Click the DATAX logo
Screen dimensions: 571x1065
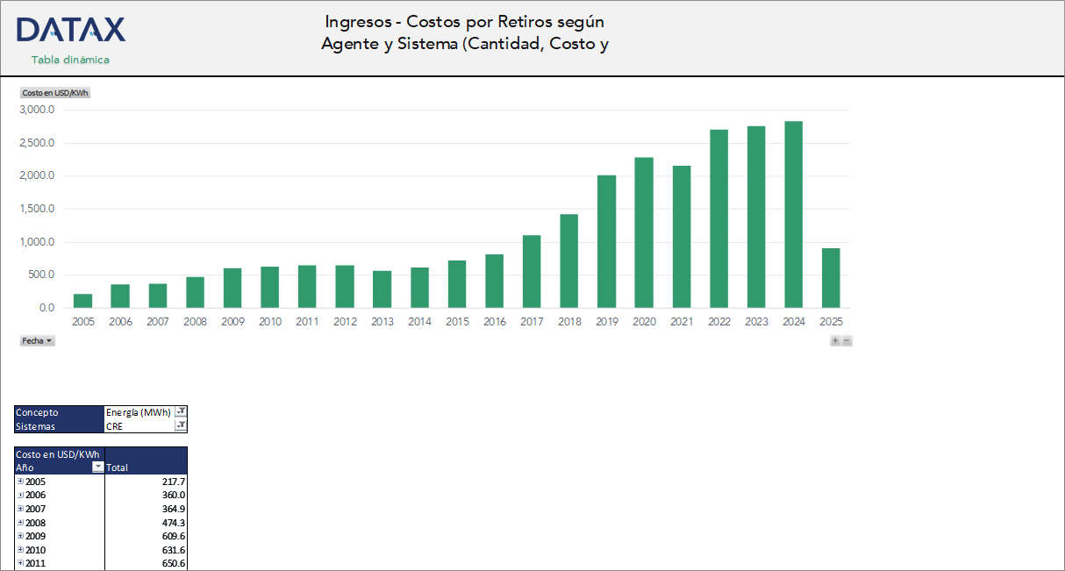(71, 30)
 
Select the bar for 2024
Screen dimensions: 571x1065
(794, 215)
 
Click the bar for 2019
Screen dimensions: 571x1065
(607, 241)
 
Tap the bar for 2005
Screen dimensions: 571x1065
(83, 301)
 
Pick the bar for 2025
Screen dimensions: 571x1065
(831, 278)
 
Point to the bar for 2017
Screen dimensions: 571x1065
(532, 272)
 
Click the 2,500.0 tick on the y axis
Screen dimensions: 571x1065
(37, 143)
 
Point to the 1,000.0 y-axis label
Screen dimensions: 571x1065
(37, 242)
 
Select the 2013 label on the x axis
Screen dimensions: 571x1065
(382, 322)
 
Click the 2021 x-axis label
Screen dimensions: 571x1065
(682, 322)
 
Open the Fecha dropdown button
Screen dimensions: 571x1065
(38, 340)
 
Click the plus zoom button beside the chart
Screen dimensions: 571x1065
(835, 340)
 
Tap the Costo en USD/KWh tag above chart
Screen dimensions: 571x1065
(55, 92)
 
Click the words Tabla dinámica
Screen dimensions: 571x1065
(70, 60)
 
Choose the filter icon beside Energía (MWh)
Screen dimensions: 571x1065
(181, 412)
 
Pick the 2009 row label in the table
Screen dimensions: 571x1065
(36, 536)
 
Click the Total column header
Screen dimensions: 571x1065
(117, 468)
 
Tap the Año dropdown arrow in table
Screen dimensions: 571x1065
(98, 468)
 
